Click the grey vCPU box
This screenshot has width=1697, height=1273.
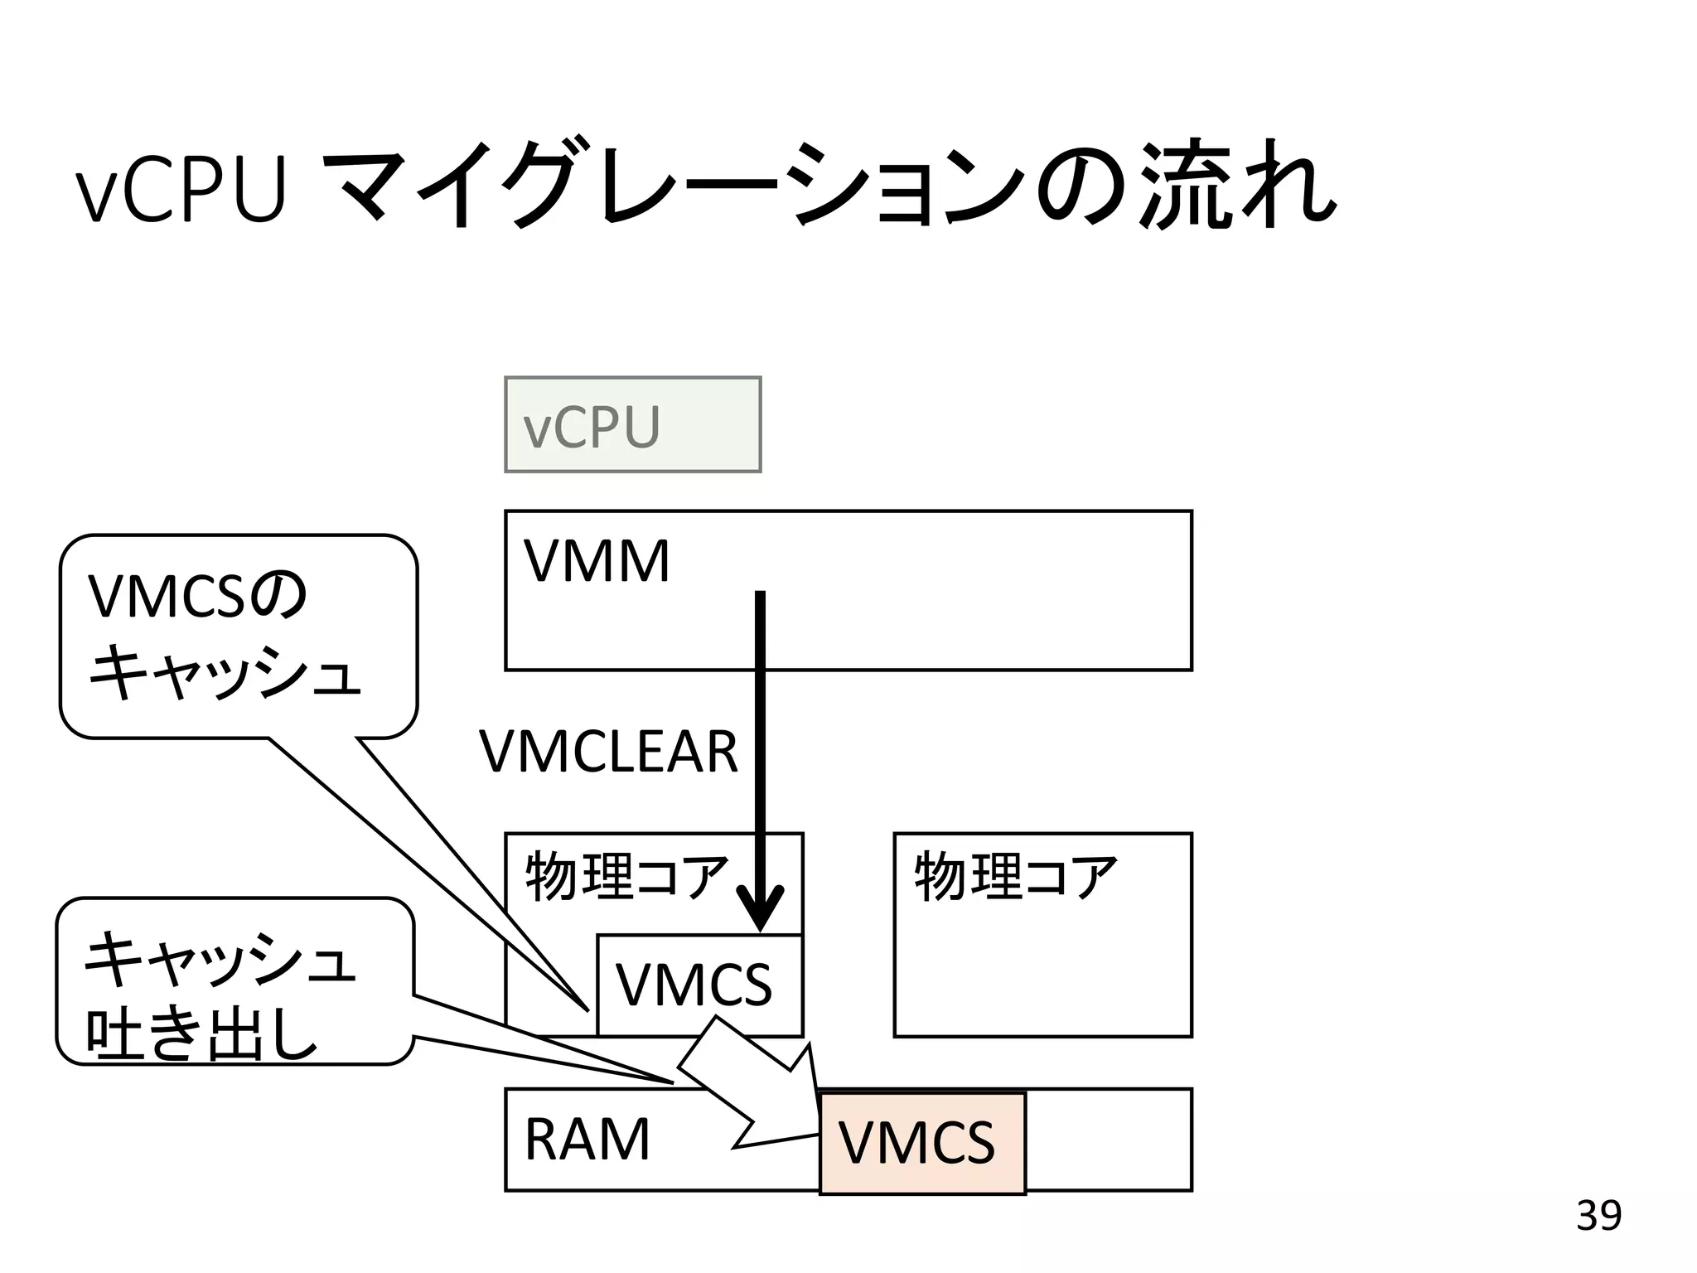coord(632,424)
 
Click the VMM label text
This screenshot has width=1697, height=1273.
coord(596,562)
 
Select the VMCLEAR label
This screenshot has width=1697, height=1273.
coord(608,752)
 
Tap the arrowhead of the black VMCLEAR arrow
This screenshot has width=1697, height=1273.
coord(760,911)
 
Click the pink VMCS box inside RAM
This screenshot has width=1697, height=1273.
coord(921,1143)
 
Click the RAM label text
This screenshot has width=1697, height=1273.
coord(587,1140)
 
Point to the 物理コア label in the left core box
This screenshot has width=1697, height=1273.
coord(626,877)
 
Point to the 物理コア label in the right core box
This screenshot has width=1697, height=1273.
coord(1015,877)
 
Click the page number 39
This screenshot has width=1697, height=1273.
coord(1598,1216)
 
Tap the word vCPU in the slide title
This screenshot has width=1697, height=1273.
coord(181,191)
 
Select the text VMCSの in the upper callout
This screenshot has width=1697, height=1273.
coord(197,597)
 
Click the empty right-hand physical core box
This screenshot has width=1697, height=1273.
coord(1042,970)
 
